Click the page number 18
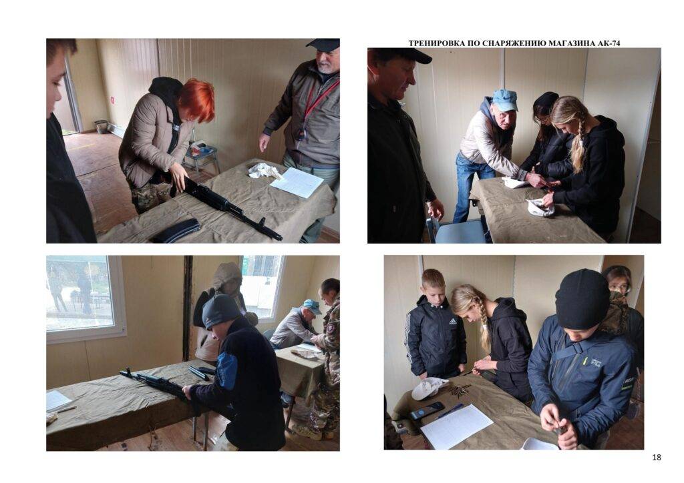pos(657,457)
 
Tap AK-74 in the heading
pos(609,43)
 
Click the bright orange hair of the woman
pos(198,99)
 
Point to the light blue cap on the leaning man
pos(505,100)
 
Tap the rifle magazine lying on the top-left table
pos(176,230)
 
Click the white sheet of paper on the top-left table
pos(297,182)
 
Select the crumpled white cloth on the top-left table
pos(264,171)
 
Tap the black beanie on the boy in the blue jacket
pos(582,299)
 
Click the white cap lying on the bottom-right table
pos(429,388)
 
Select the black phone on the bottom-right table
pos(426,411)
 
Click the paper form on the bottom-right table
pos(456,426)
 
